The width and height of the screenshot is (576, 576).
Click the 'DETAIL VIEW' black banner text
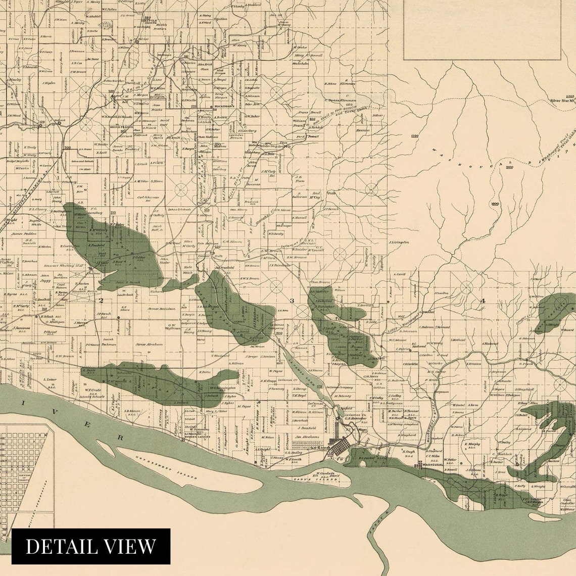(91, 546)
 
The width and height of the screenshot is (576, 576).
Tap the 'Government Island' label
(166, 466)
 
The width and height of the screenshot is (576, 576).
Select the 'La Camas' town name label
(319, 448)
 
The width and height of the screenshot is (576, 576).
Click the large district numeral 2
(101, 301)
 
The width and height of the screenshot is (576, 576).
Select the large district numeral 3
(292, 301)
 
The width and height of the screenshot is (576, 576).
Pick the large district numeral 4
(482, 301)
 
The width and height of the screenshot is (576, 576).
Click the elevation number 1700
(415, 136)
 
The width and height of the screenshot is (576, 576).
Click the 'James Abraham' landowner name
(149, 344)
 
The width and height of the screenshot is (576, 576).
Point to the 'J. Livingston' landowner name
(398, 243)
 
